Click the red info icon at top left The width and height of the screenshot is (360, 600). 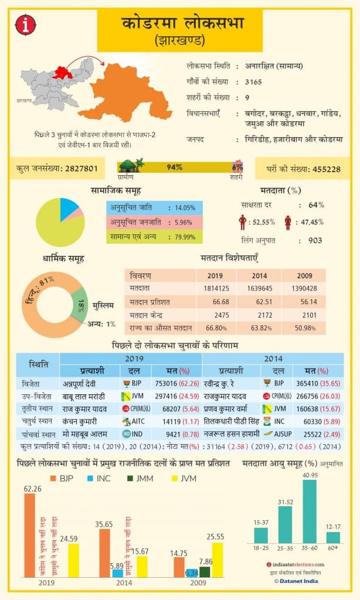[x=28, y=24]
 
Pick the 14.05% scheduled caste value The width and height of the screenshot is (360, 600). [x=185, y=207]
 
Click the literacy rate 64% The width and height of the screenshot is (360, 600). [x=316, y=205]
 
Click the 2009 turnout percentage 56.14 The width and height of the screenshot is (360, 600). [x=304, y=301]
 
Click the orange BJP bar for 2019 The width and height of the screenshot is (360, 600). [x=29, y=535]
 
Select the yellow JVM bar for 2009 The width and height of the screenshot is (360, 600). [x=218, y=560]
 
